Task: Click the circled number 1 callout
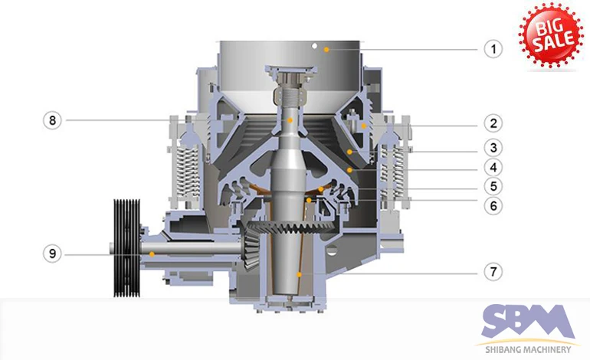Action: [x=493, y=49]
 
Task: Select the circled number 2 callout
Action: [x=493, y=123]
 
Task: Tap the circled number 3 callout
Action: [x=493, y=148]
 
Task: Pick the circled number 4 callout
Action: [x=493, y=168]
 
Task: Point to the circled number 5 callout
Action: [x=493, y=186]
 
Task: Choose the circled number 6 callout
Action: [x=493, y=205]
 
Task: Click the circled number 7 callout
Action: [x=493, y=271]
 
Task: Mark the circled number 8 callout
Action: [x=52, y=120]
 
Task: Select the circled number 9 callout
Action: [x=52, y=254]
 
